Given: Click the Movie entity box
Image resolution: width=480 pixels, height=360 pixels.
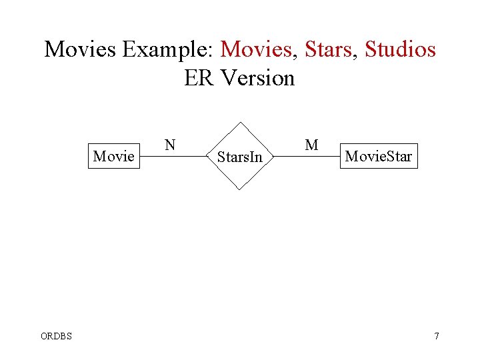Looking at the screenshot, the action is [114, 156].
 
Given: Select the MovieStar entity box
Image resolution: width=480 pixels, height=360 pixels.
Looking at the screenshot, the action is [378, 157].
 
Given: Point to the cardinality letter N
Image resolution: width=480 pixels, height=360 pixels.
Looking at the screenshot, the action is [171, 145].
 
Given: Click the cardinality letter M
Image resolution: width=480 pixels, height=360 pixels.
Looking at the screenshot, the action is [311, 145].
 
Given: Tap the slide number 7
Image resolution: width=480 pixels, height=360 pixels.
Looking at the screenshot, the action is [437, 335].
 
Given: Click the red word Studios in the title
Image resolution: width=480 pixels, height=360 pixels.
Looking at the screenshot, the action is [400, 49].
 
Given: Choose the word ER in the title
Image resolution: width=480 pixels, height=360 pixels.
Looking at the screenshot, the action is [199, 79].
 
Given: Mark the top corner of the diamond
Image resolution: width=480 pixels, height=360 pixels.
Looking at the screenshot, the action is [239, 122].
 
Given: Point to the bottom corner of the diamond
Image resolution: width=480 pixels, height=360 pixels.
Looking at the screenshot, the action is [239, 190].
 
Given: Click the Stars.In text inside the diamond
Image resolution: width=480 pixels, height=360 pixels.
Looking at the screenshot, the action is [240, 158].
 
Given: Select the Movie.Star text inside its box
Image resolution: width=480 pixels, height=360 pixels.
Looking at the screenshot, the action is [378, 157].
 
